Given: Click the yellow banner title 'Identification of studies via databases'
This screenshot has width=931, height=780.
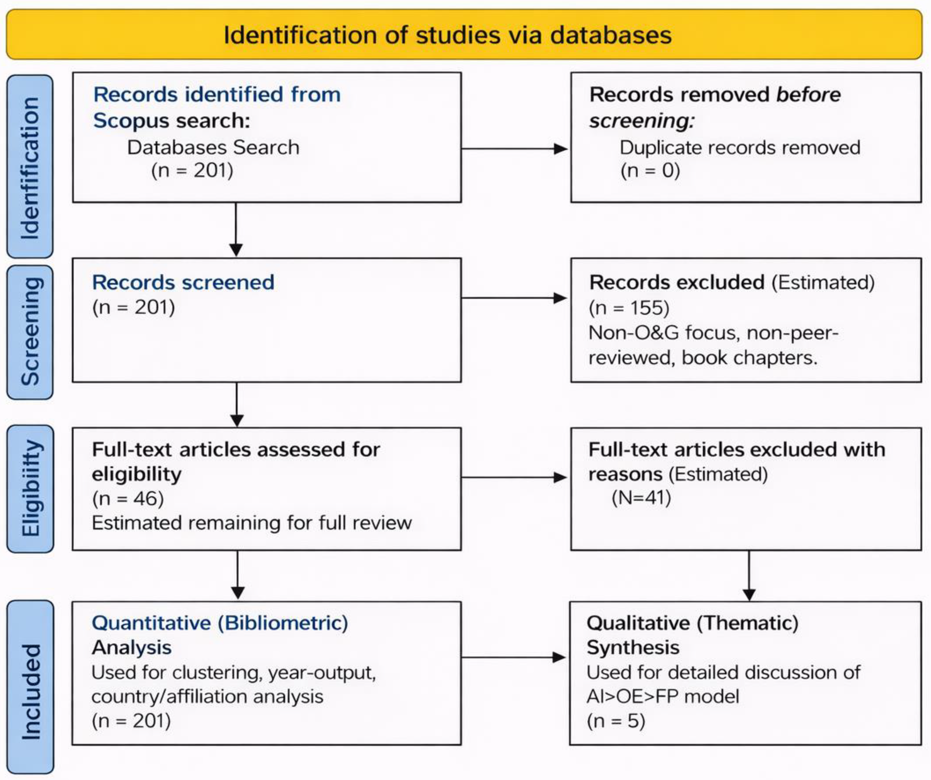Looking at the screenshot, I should (x=447, y=35).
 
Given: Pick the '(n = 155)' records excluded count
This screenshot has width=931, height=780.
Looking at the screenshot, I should (x=628, y=307).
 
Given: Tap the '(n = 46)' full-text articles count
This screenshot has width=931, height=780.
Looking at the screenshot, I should (x=128, y=498).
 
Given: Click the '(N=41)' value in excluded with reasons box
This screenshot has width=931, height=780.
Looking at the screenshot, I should (x=641, y=497).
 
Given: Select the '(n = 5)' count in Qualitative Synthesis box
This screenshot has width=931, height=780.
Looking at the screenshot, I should (x=616, y=721).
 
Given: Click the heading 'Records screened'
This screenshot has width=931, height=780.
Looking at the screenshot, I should (x=183, y=283).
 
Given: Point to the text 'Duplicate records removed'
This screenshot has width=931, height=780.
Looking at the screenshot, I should (x=739, y=148).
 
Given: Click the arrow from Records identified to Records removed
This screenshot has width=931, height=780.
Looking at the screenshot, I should (x=514, y=149).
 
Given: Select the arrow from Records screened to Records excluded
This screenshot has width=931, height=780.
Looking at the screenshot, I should (x=514, y=298).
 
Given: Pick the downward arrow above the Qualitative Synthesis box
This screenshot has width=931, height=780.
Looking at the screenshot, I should (x=749, y=576).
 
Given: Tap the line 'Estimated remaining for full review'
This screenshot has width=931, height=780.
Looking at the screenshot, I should (x=251, y=523).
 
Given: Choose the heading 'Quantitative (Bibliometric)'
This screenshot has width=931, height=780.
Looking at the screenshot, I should (x=219, y=623).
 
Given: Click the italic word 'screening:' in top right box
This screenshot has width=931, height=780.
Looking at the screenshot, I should (x=641, y=121).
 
